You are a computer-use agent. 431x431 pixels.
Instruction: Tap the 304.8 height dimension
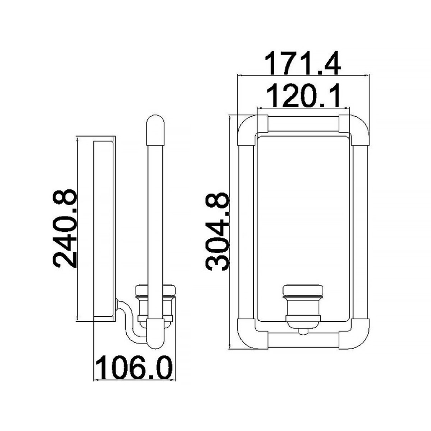pyautogui.click(x=218, y=231)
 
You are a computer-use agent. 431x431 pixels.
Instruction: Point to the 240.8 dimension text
pyautogui.click(x=65, y=227)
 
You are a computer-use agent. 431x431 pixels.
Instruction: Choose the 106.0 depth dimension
pyautogui.click(x=134, y=368)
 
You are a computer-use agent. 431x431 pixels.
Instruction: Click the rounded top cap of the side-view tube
pyautogui.click(x=155, y=125)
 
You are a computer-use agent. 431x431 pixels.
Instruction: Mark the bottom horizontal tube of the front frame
pyautogui.click(x=302, y=341)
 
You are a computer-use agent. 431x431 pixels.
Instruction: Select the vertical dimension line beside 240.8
pyautogui.click(x=78, y=228)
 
